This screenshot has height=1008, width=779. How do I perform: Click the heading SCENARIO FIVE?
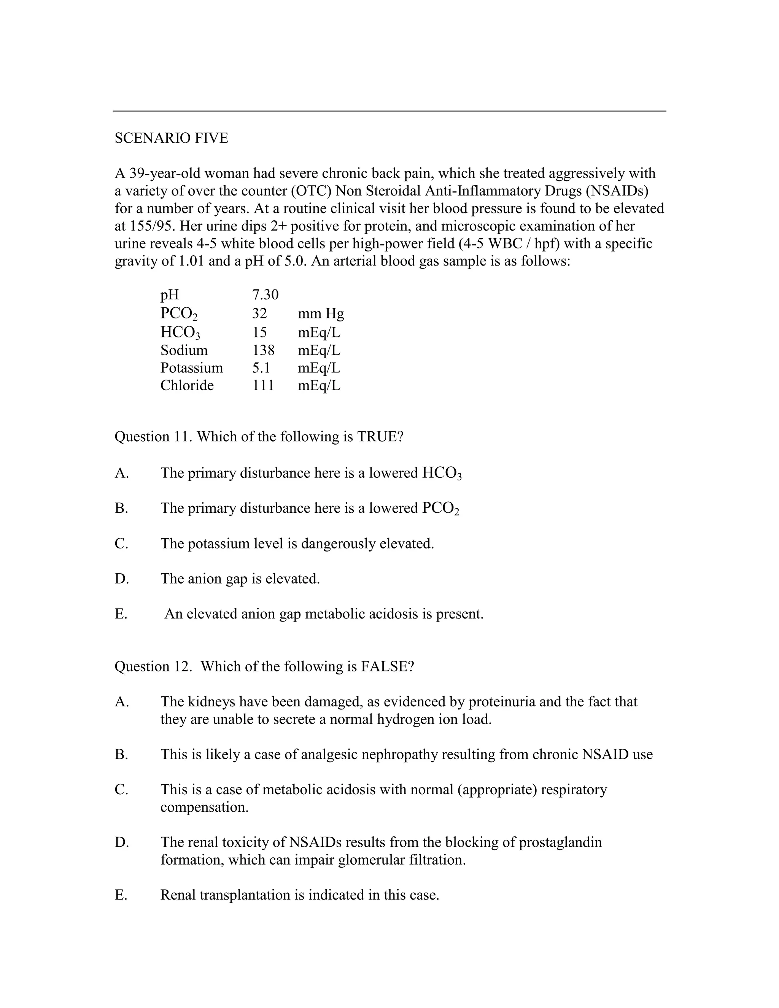point(171,138)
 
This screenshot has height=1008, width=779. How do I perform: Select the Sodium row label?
point(184,350)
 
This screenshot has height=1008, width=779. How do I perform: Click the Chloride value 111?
point(263,385)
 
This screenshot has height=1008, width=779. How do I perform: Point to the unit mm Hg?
point(321,314)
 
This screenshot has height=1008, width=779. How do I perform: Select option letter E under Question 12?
point(121,895)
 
